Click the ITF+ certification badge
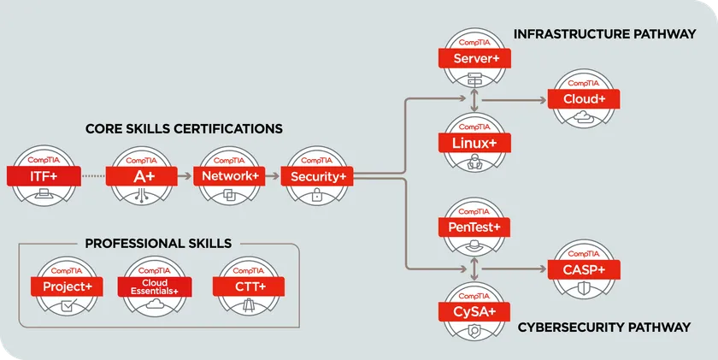coord(44,176)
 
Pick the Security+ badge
coord(317,176)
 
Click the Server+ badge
coord(474,58)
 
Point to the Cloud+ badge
coord(585,99)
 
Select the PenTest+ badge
coord(474,227)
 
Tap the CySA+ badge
coord(474,310)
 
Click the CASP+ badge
coord(585,269)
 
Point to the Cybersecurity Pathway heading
coord(603,328)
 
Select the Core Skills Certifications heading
coord(184,129)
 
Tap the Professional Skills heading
coord(158,244)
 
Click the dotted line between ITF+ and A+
coord(93,176)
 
